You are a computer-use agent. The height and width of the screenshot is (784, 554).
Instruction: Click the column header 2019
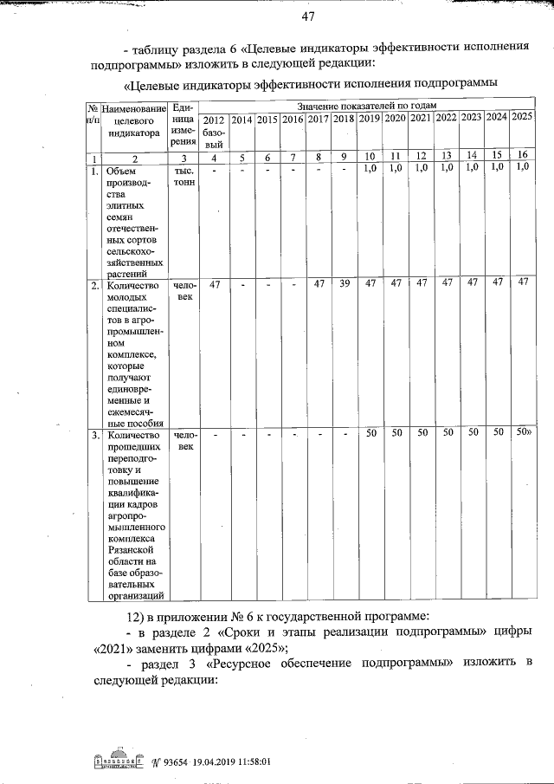[x=370, y=118]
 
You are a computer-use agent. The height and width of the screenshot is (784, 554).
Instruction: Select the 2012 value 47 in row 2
[x=216, y=284]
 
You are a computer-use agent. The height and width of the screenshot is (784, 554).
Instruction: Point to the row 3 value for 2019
[x=370, y=432]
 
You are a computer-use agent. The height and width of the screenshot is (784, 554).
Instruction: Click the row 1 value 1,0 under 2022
[x=446, y=167]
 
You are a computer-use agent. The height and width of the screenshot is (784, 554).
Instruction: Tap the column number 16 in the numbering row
[x=522, y=156]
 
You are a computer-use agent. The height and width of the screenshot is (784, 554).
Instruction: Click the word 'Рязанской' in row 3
[x=131, y=549]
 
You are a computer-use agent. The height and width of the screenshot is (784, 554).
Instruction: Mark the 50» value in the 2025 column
[x=523, y=431]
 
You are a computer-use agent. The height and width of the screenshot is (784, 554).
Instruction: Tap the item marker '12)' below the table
[x=139, y=615]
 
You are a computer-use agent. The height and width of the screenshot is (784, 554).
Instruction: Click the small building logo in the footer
[x=113, y=762]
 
